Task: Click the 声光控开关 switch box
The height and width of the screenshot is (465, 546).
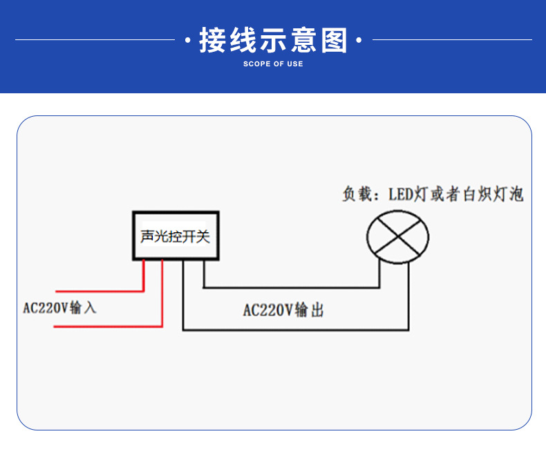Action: (x=176, y=236)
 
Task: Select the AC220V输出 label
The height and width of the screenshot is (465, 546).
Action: (x=283, y=311)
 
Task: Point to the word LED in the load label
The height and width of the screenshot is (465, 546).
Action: (x=399, y=194)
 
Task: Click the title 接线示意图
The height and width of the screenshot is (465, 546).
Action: (x=273, y=40)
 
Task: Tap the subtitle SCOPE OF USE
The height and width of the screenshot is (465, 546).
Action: (x=273, y=64)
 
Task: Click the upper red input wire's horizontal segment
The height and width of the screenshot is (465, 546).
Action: (x=98, y=291)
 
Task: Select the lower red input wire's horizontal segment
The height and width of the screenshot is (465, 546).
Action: (x=107, y=326)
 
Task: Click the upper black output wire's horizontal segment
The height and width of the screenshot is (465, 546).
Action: (x=290, y=287)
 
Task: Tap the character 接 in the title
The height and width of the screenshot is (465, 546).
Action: (x=212, y=40)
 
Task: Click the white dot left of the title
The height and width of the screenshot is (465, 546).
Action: (x=188, y=41)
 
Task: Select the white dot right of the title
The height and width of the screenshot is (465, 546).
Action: (x=358, y=41)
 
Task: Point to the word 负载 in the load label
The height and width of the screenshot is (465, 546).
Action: (x=358, y=194)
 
